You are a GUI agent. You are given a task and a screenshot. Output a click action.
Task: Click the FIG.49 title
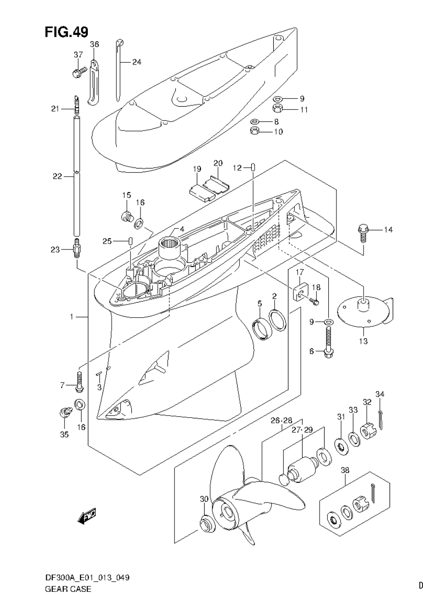point(66,32)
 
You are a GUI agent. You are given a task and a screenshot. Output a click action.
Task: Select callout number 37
point(78,55)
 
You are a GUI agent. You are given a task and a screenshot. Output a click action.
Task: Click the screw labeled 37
point(79,72)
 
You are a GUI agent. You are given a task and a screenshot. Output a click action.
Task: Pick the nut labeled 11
point(277,109)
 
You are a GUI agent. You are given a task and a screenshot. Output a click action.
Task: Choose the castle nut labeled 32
point(368,432)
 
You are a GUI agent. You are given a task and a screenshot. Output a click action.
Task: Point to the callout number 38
point(345,470)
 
